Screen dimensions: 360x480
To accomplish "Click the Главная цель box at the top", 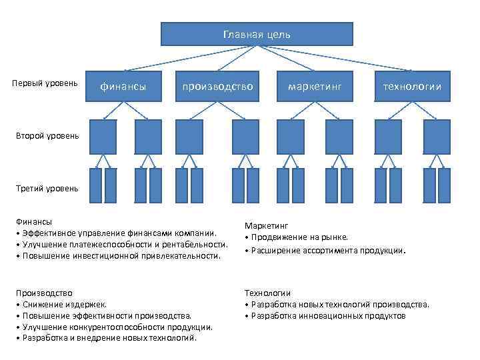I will (x=257, y=34).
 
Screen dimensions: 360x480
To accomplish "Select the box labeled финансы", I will (x=124, y=86).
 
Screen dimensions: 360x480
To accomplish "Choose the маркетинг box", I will (x=315, y=86).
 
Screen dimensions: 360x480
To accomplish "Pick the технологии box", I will (x=411, y=86).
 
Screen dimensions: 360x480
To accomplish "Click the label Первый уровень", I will (x=45, y=83).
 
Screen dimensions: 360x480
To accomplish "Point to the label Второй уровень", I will (x=47, y=136).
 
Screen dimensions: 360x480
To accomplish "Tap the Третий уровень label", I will (x=47, y=188).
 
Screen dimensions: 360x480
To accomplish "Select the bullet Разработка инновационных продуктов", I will (x=327, y=315).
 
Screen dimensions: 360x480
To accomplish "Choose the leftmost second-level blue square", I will (x=103, y=137).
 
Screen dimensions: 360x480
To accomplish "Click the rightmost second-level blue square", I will (x=437, y=137).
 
